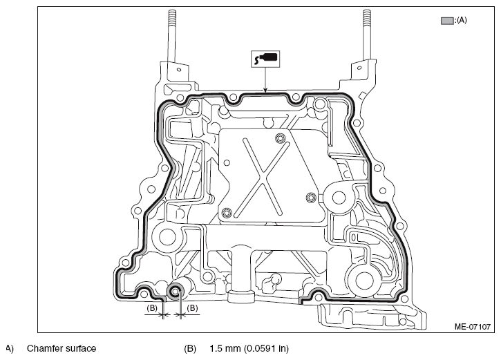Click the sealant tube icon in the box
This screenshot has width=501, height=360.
point(265,59)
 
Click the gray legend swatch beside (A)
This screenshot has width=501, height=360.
point(447,21)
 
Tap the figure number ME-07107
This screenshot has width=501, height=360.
point(472,327)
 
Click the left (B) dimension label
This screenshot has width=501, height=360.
point(152,308)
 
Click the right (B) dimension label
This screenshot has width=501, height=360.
point(192,308)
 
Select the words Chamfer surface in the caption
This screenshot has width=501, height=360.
point(62,348)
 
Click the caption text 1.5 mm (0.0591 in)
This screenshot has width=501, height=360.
point(249,348)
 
